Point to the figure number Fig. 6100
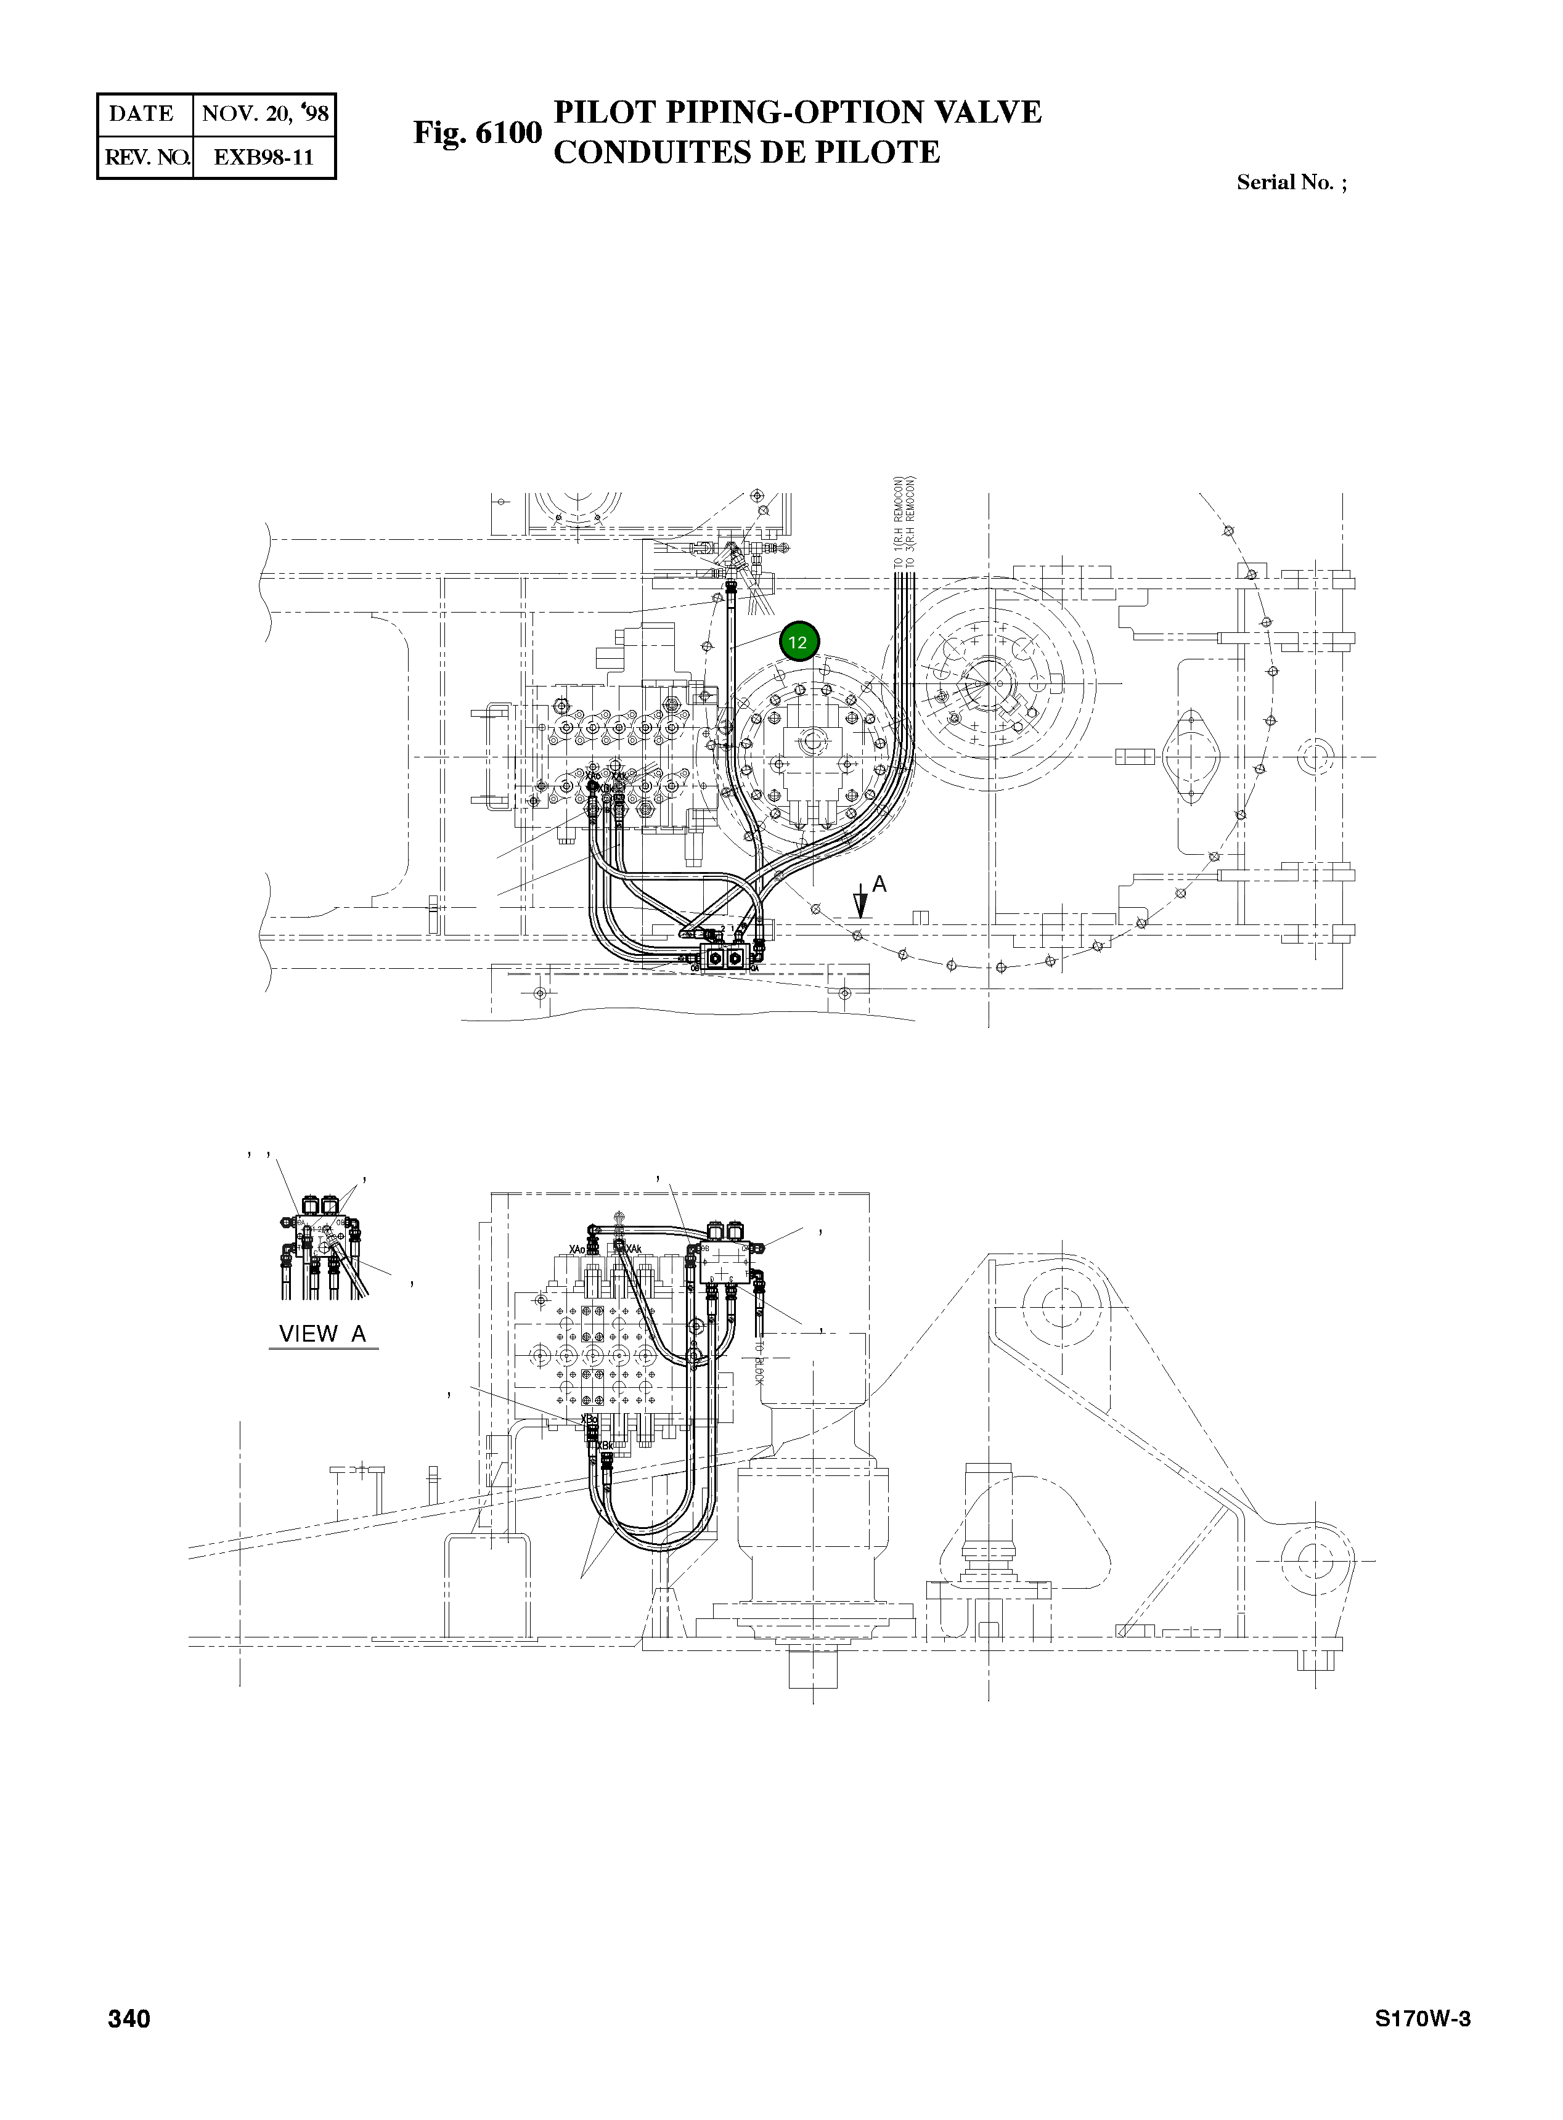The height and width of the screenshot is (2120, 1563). [478, 132]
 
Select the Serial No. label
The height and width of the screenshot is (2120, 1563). [1285, 182]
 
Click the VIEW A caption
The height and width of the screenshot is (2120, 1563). [322, 1334]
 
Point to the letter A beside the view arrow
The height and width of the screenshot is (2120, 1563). [879, 884]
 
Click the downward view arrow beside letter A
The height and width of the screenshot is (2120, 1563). [860, 903]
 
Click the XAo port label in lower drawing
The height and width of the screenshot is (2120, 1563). [577, 1249]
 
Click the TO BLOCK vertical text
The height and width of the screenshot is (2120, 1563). [759, 1362]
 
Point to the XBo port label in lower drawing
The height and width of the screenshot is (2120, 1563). [589, 1420]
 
